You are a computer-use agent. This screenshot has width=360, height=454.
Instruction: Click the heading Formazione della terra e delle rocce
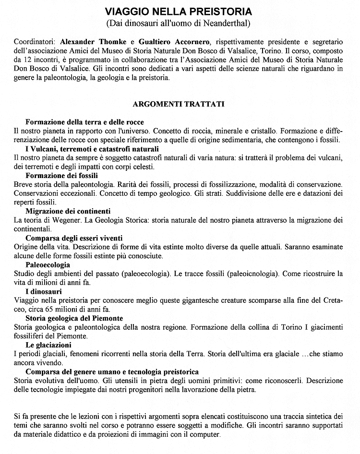[x=84, y=122]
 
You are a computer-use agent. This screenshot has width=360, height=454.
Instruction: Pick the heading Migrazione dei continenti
[x=68, y=211]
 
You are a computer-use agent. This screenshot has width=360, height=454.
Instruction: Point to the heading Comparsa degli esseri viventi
[x=74, y=238]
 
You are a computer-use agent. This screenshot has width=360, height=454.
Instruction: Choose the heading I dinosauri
[x=43, y=291]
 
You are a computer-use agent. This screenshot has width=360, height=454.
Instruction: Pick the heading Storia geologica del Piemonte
[x=74, y=318]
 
